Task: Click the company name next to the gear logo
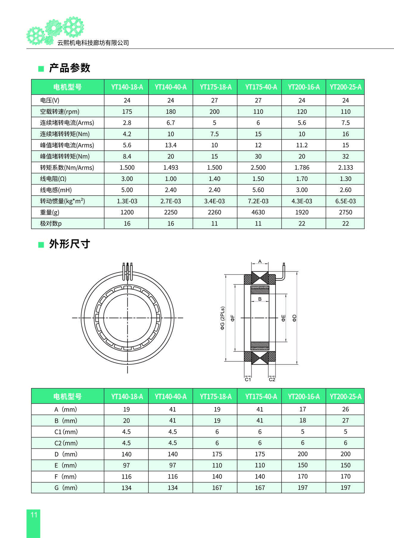(x=93, y=43)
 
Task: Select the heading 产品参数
(x=69, y=68)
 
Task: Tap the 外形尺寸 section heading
(x=69, y=244)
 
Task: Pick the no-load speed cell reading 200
(x=214, y=112)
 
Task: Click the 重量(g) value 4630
(x=258, y=212)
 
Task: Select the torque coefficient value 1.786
(x=302, y=168)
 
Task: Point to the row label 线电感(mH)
(x=56, y=190)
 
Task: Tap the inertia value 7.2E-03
(x=258, y=201)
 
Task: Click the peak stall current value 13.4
(x=171, y=145)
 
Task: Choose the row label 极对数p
(x=51, y=223)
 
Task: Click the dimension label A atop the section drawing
(x=260, y=262)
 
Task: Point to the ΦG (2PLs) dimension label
(x=222, y=318)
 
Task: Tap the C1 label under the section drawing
(x=248, y=379)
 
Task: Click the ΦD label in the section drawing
(x=294, y=318)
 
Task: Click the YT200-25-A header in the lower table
(x=345, y=397)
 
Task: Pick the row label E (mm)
(x=66, y=465)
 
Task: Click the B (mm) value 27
(x=345, y=420)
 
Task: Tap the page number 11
(x=34, y=515)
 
